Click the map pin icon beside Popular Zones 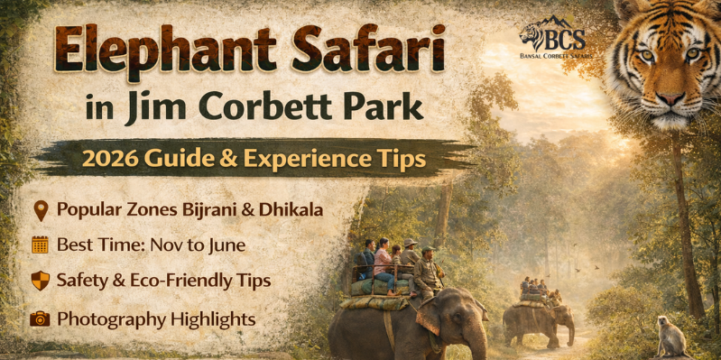coord(40,210)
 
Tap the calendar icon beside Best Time coord(40,245)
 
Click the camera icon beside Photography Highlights coord(40,318)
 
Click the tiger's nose coord(669,95)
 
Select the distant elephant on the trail coord(540,320)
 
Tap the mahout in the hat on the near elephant coord(428,271)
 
